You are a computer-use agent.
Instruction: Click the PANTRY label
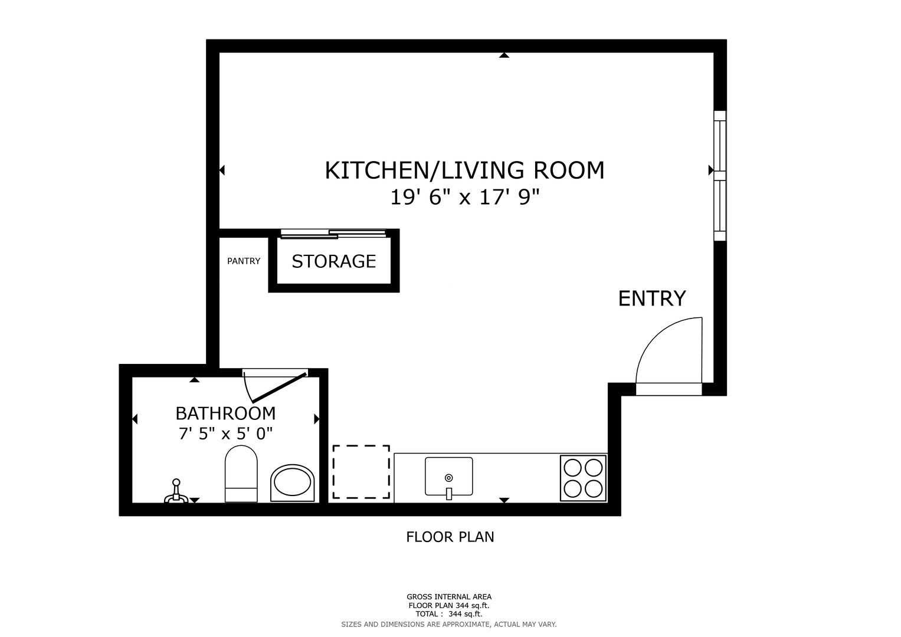click(x=244, y=261)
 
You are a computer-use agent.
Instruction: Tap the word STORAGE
click(x=334, y=261)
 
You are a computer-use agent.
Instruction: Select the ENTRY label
click(x=651, y=298)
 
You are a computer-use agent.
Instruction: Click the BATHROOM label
click(x=225, y=413)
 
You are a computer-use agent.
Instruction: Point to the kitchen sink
click(x=449, y=477)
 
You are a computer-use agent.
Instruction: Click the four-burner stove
click(x=583, y=478)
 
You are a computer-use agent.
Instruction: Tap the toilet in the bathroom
click(x=241, y=474)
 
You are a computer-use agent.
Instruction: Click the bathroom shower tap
click(x=176, y=491)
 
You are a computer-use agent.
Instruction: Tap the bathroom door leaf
click(x=279, y=388)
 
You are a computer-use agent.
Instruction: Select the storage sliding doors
click(x=333, y=234)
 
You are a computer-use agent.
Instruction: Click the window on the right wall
click(x=720, y=176)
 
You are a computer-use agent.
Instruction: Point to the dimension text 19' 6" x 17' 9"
click(x=464, y=198)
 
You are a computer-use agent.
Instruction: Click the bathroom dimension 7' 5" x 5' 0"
click(x=225, y=434)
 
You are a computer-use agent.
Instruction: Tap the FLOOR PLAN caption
click(x=450, y=537)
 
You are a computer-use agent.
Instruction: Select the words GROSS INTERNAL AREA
click(x=449, y=597)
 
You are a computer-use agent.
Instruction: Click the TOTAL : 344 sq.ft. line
click(x=449, y=614)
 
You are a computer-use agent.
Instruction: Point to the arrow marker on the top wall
click(x=504, y=55)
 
